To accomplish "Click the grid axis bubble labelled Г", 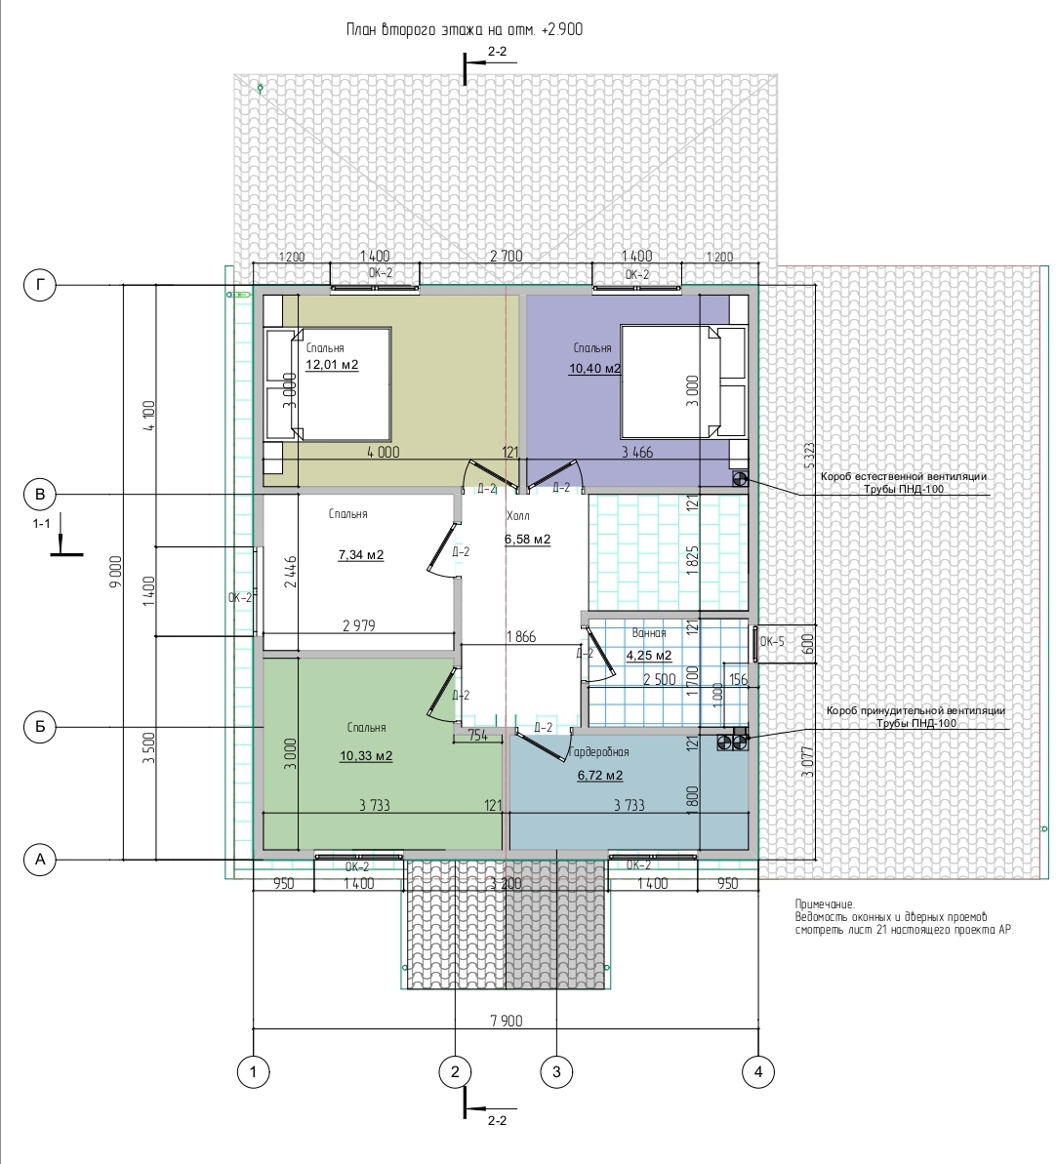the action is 40,285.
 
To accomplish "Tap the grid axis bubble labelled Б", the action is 40,727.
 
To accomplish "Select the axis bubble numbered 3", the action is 556,1071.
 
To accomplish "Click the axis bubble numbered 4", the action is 757,1071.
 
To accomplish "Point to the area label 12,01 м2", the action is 332,365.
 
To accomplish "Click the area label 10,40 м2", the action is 595,368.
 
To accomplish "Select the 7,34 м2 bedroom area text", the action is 361,554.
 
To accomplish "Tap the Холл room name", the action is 517,516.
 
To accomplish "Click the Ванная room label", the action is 649,633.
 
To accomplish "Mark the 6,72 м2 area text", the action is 600,776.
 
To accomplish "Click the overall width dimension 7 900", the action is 506,1021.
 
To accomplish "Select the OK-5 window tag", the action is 773,641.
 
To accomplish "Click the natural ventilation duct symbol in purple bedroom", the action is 740,479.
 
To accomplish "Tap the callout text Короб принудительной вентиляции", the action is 915,710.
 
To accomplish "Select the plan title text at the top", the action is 465,29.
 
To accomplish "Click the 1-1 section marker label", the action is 42,523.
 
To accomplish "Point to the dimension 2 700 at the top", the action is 506,256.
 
